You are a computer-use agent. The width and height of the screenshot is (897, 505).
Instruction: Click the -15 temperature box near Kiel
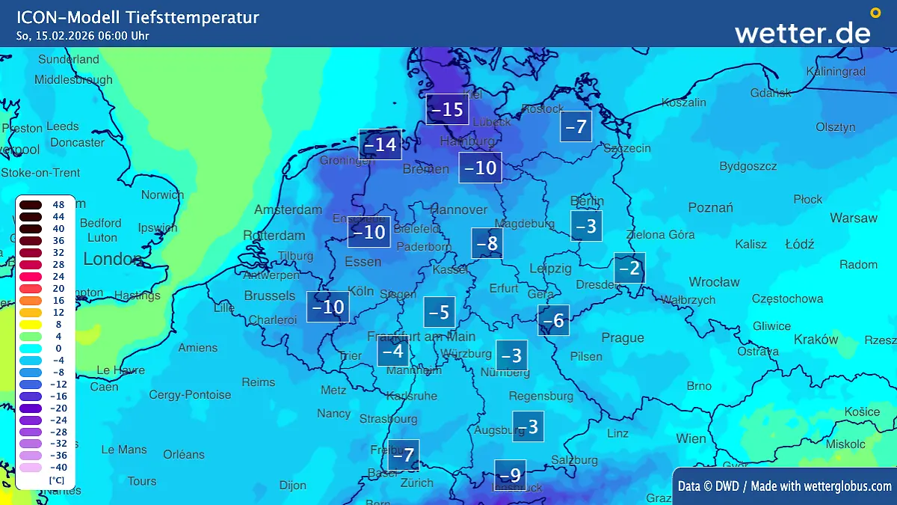448,109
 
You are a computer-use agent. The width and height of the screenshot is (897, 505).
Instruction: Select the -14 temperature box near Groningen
380,144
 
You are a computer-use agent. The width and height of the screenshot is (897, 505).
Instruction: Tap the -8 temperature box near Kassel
487,243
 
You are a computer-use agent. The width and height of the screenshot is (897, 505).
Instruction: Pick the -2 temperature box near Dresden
629,268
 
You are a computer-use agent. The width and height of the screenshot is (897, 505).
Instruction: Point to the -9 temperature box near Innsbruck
510,475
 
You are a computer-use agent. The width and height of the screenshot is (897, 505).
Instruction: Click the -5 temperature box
440,312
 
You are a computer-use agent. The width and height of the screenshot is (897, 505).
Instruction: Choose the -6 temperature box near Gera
553,320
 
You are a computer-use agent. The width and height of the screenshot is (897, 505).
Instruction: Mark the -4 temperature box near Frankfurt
392,351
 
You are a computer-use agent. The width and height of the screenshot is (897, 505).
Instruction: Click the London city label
112,259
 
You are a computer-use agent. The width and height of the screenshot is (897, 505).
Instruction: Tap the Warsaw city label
853,218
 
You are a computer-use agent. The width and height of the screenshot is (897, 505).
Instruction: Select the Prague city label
623,338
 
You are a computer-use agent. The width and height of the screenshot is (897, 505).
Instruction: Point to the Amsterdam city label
288,209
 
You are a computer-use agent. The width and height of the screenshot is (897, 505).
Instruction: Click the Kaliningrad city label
836,72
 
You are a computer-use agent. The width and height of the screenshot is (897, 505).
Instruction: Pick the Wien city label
691,438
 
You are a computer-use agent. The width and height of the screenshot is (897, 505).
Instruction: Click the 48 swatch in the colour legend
31,205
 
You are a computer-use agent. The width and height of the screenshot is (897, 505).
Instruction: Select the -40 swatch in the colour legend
31,468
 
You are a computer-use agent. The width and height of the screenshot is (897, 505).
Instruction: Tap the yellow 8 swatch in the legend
31,325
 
